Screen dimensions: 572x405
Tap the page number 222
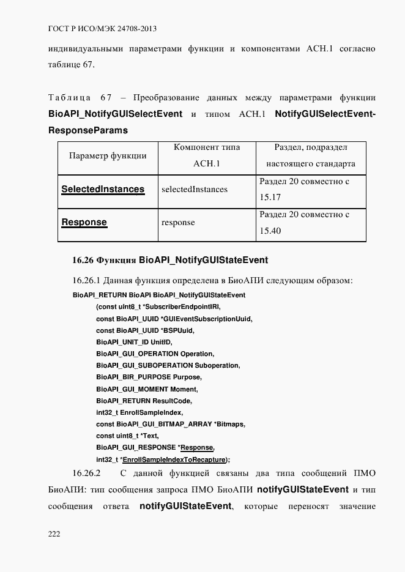click(x=54, y=534)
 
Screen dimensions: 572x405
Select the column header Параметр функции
click(x=107, y=155)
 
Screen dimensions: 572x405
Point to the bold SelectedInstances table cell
click(x=103, y=189)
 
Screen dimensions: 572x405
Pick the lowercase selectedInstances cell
click(x=194, y=190)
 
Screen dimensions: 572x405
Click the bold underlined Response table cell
click(x=84, y=223)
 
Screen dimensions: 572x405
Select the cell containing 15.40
click(x=312, y=223)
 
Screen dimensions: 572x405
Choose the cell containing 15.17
click(x=312, y=189)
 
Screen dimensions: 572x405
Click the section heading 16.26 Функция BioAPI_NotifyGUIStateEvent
click(x=170, y=260)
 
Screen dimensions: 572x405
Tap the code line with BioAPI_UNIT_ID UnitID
click(x=135, y=343)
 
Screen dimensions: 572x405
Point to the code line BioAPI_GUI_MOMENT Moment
click(x=147, y=389)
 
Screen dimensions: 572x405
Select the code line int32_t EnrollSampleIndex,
click(x=139, y=412)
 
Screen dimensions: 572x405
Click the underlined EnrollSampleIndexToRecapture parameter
click(x=174, y=459)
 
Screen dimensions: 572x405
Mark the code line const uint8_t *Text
click(x=128, y=436)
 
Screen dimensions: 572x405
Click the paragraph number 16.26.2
click(x=86, y=474)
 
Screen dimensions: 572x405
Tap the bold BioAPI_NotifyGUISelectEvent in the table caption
click(x=115, y=114)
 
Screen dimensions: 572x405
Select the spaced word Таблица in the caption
click(x=69, y=98)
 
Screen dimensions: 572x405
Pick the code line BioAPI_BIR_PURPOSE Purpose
click(x=148, y=377)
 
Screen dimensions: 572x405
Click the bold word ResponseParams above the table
click(x=87, y=130)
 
